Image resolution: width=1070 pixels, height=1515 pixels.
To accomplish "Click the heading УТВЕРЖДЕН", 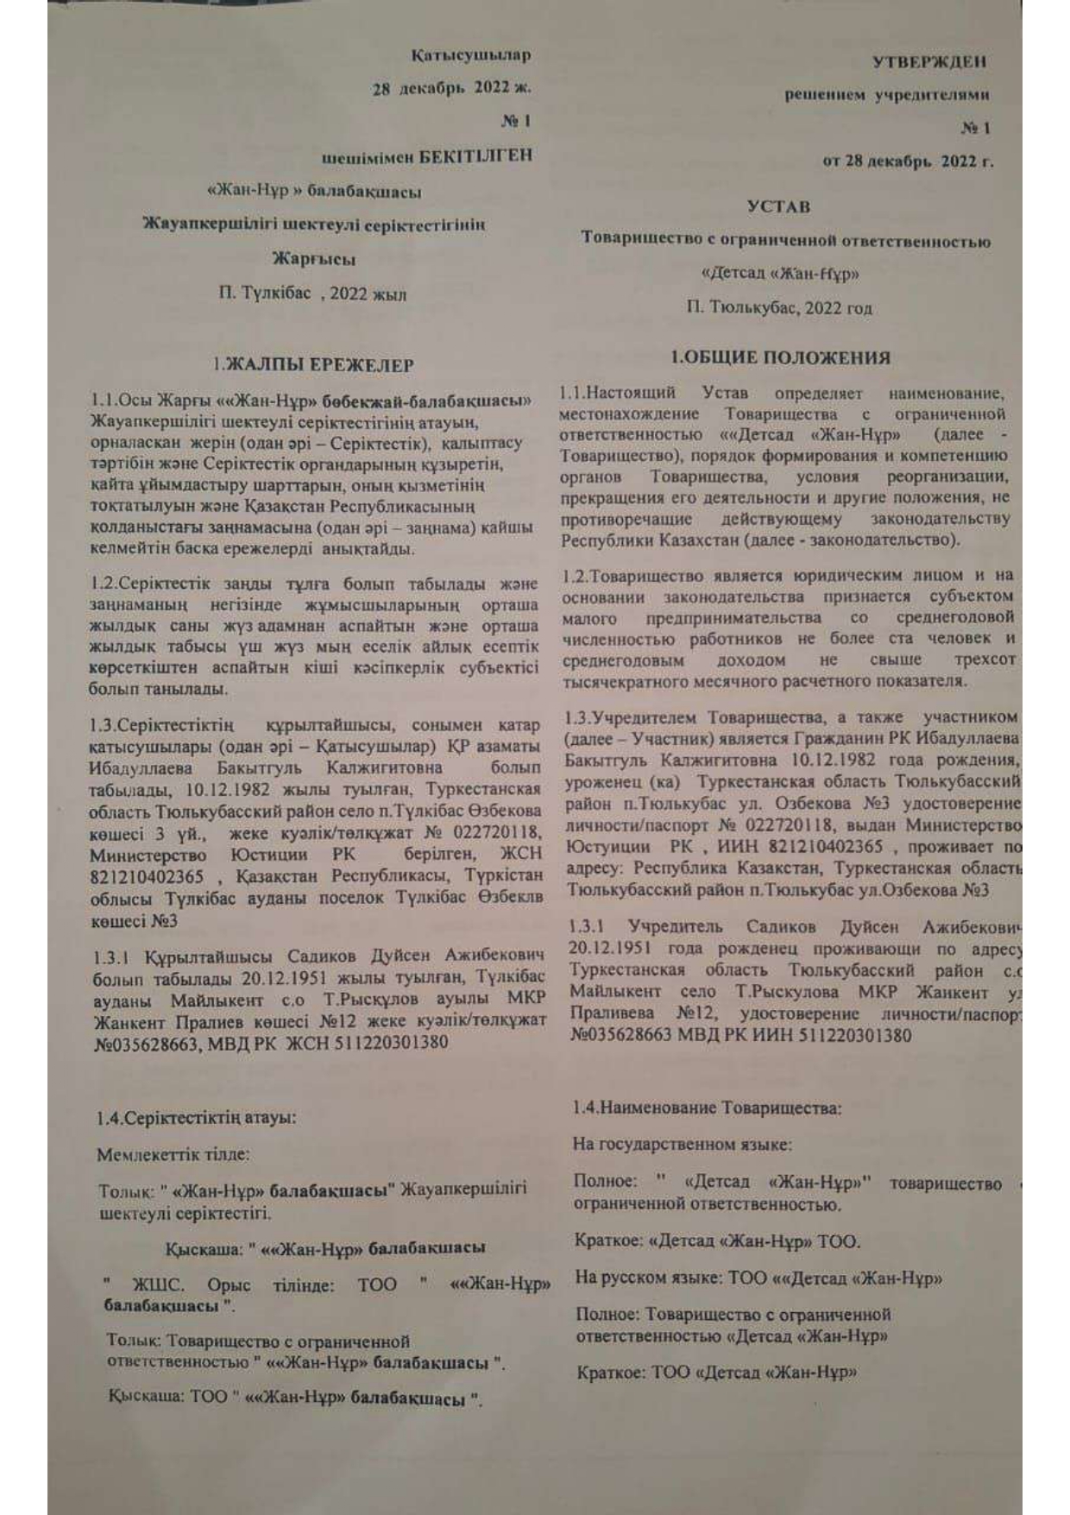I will tap(928, 62).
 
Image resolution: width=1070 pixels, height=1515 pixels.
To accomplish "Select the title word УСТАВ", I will tap(778, 207).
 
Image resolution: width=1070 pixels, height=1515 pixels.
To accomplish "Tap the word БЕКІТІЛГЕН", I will tap(475, 156).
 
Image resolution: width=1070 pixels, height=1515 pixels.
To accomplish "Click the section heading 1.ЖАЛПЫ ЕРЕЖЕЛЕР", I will tap(314, 365).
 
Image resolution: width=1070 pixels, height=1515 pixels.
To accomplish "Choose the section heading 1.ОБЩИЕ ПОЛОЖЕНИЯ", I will tap(781, 357).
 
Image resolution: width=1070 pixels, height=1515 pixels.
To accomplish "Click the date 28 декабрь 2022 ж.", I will tap(451, 88).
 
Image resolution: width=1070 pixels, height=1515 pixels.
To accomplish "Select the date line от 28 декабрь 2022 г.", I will tap(908, 161).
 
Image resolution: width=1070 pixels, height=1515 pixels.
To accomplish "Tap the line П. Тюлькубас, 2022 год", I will tap(779, 308).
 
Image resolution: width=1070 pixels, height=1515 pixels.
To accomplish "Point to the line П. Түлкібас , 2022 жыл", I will tap(312, 294).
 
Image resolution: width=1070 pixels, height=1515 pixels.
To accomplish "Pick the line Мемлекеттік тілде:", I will tap(173, 1154).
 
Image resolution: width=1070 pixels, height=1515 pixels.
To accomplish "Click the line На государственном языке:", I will tap(682, 1145).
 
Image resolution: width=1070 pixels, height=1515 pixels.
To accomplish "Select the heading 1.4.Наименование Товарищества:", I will tap(707, 1108).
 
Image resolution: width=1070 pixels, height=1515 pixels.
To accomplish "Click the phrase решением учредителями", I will tap(886, 95).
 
